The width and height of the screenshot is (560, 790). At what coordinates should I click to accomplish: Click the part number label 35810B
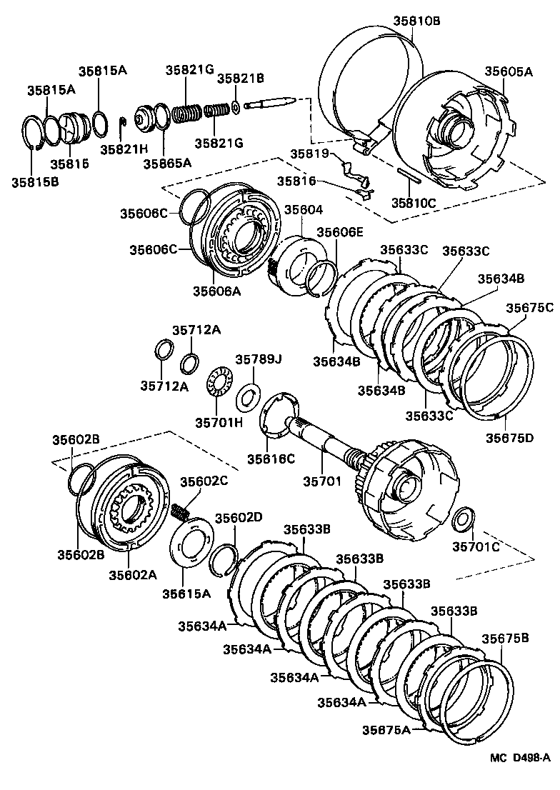pos(416,21)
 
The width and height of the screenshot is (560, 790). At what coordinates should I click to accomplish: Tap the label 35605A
pos(509,71)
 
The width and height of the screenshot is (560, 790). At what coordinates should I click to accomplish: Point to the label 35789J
pos(258,359)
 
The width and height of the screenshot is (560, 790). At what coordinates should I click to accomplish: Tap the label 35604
pos(304,210)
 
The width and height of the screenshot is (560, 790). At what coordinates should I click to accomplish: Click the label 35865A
pos(167,162)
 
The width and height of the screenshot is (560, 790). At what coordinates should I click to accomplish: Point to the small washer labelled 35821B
pos(236,109)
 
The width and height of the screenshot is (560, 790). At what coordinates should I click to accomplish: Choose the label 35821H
pos(124,149)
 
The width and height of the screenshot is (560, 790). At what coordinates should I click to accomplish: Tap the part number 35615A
pos(186,593)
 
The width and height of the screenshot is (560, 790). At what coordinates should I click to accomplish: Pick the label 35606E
pos(340,232)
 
